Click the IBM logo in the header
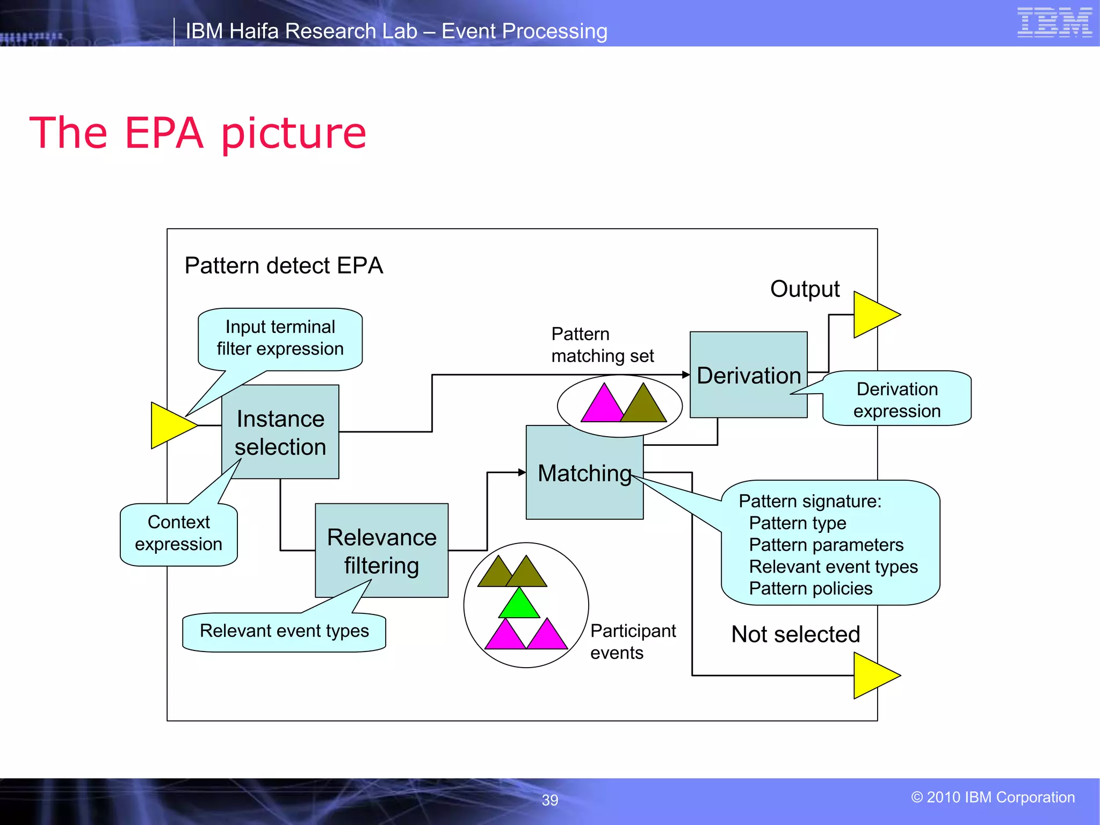coord(1054,23)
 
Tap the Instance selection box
coord(280,432)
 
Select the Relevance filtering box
coord(381,551)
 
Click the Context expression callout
coord(178,533)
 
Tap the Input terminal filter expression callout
coord(280,338)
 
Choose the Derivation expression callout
coord(896,400)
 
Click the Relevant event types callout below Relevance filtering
coord(284,631)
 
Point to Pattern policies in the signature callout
coord(810,589)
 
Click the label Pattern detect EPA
coord(284,266)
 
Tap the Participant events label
coord(632,641)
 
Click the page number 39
coord(549,800)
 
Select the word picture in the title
coord(294,134)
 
